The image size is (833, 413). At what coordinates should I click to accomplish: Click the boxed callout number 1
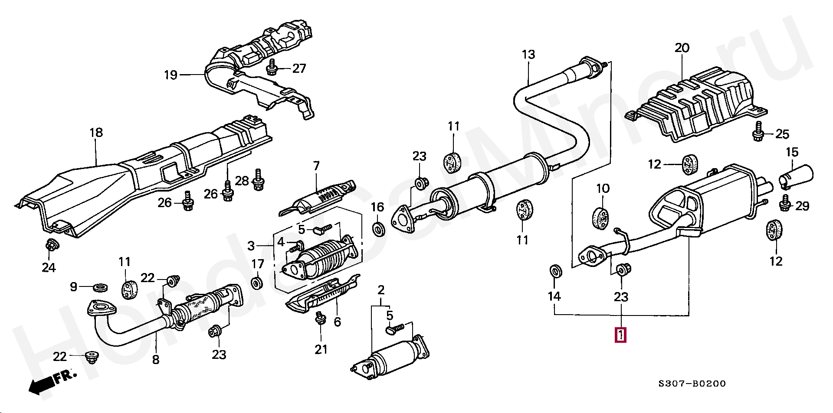(x=620, y=335)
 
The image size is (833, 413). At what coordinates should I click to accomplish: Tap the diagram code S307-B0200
(x=692, y=384)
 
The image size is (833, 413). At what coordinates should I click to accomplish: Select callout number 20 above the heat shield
(x=682, y=48)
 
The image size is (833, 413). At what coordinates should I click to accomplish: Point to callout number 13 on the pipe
(x=528, y=55)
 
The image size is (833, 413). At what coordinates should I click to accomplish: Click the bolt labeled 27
(x=272, y=68)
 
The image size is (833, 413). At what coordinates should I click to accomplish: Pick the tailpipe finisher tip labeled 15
(x=797, y=177)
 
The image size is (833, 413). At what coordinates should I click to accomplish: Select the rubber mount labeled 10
(x=601, y=217)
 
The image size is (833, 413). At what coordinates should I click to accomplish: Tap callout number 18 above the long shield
(x=96, y=133)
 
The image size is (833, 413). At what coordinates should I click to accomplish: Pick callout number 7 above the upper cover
(x=316, y=166)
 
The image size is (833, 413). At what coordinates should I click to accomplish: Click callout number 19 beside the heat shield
(x=171, y=75)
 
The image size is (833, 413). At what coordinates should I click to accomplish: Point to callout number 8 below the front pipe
(x=156, y=360)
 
